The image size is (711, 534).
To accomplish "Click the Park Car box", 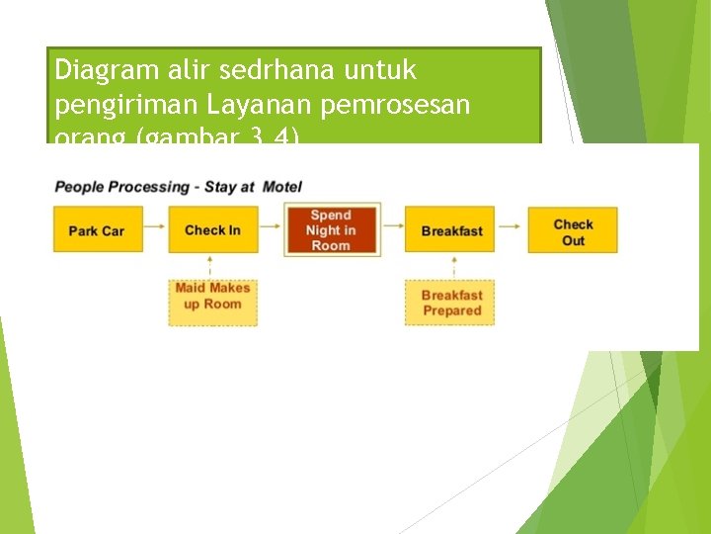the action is coord(97,230).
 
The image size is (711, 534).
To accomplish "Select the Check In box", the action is coord(212,230).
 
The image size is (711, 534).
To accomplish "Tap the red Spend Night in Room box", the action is coord(331,230).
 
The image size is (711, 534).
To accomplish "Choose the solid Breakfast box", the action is coord(451,230).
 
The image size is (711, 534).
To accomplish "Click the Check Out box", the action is coord(573,231).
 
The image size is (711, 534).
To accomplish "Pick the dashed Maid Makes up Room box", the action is coord(212,297).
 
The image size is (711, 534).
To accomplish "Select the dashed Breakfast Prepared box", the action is coord(451,303).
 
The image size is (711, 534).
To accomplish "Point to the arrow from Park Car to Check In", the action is coord(156,230).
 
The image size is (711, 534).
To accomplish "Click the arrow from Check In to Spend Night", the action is coord(271,230).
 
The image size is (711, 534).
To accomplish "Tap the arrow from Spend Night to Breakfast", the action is coord(392,230).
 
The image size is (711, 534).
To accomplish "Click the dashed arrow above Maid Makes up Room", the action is coord(210,265).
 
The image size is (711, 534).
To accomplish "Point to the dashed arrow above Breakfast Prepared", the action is coord(453,265).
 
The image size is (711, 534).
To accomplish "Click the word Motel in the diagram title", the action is coord(281,187).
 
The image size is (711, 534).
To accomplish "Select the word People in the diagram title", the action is coord(80,187).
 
